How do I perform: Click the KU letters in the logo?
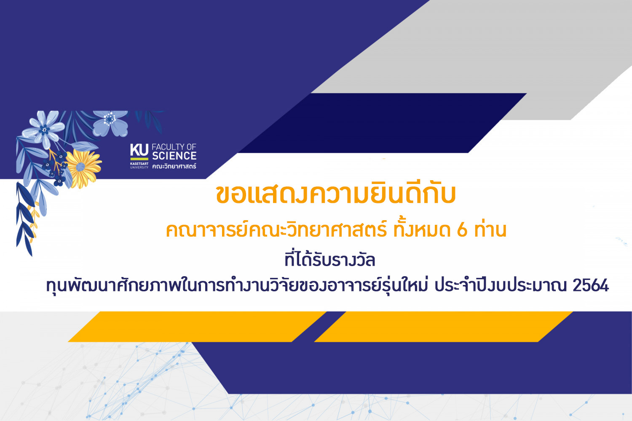[139, 150]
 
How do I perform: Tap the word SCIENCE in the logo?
[174, 156]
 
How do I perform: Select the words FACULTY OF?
[174, 147]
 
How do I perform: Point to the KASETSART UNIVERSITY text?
[139, 165]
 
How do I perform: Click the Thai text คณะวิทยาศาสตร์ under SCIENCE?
[174, 166]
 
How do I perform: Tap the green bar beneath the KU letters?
[139, 159]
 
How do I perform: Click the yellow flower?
[83, 168]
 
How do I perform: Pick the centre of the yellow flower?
[80, 167]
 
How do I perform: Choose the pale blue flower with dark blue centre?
[44, 129]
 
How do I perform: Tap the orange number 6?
[462, 230]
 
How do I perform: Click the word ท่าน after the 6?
[490, 229]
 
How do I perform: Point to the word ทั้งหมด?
[422, 229]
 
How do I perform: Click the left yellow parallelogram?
[197, 327]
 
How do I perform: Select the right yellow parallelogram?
[443, 327]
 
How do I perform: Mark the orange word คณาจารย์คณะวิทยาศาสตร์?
[276, 230]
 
